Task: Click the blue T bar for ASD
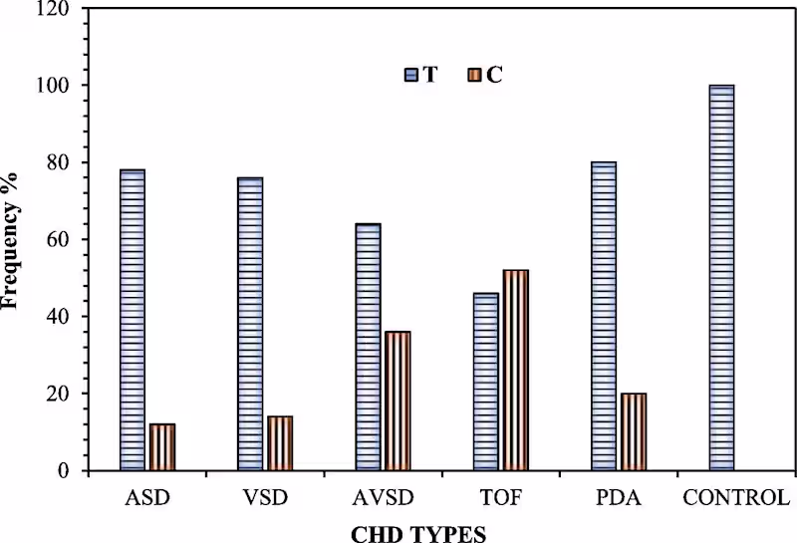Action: (133, 320)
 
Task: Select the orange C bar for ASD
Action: (162, 447)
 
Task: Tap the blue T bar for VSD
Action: (250, 324)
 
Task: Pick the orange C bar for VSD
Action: (280, 443)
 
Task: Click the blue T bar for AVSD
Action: (368, 347)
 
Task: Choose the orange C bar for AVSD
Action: (398, 401)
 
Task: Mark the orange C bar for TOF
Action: (515, 371)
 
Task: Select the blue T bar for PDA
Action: (604, 316)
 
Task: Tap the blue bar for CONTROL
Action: (721, 278)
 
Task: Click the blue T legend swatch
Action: (411, 75)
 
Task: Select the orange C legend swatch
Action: (473, 75)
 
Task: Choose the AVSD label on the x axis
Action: (383, 497)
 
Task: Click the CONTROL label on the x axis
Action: (736, 497)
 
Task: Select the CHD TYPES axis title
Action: (418, 533)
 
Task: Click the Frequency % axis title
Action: (13, 239)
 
